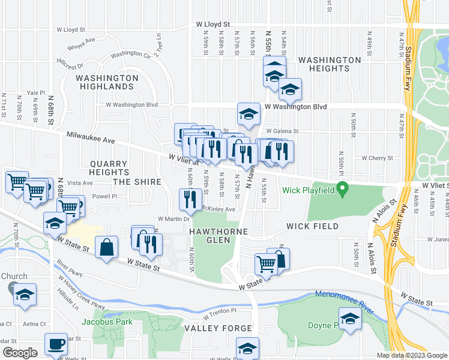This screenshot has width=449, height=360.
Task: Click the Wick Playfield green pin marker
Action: tap(342, 190)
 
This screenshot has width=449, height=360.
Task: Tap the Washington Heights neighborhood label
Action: tap(330, 65)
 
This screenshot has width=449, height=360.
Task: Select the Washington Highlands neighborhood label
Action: tap(107, 82)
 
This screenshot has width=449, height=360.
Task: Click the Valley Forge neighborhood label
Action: tap(218, 328)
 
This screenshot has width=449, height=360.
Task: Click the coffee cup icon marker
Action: tap(56, 344)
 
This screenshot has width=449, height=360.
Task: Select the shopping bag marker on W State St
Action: tap(106, 247)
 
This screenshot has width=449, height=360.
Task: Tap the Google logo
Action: tap(20, 353)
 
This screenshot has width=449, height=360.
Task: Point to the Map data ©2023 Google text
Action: tap(411, 355)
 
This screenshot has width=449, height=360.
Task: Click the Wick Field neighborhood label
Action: tap(313, 227)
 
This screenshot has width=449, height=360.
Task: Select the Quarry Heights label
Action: tap(109, 168)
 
